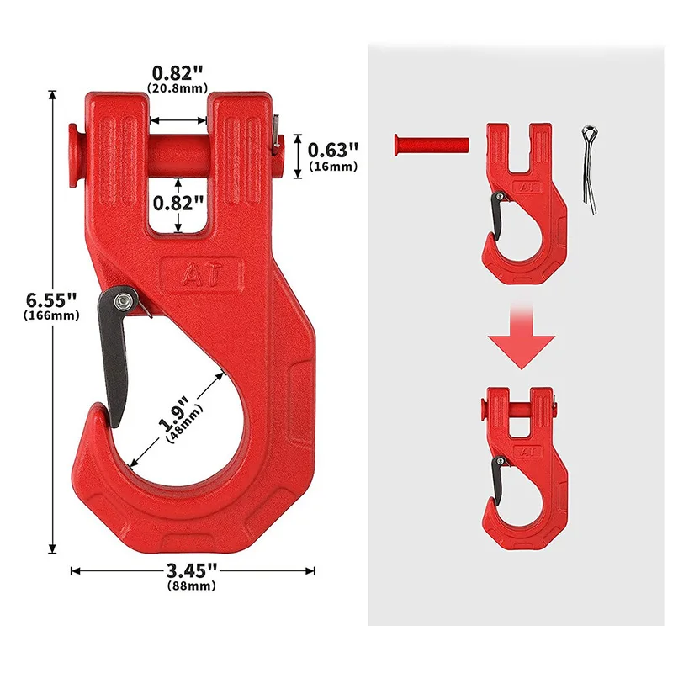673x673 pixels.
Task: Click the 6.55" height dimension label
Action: tap(51, 299)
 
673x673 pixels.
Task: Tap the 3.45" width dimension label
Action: tap(192, 570)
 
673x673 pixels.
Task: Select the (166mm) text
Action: tap(51, 315)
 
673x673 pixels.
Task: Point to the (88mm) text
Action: tap(192, 586)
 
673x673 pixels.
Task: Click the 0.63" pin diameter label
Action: tap(333, 150)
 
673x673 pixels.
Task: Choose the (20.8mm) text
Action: tap(178, 88)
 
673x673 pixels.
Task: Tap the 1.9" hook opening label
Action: tap(173, 414)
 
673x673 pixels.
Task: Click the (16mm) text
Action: tap(333, 166)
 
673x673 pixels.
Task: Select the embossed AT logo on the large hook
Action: tap(202, 275)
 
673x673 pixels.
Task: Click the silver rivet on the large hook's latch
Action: tap(120, 300)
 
